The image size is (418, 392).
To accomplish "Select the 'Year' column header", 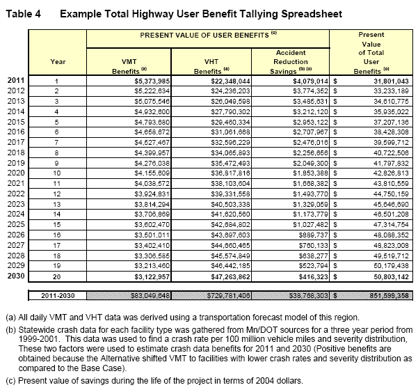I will click(58, 61).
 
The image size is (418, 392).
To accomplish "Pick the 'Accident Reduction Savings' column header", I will click(291, 61).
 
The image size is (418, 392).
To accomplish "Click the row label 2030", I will click(16, 256).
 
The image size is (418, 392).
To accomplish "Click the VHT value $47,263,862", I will click(230, 256).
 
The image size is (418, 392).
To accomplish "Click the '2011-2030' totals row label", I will click(58, 276).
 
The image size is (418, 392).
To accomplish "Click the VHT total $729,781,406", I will click(227, 276).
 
